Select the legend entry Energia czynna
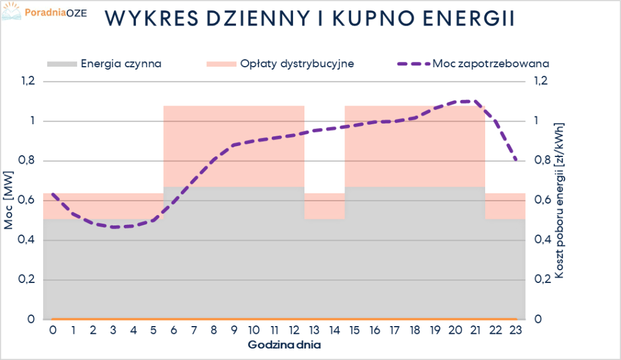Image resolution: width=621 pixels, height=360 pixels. coord(121,63)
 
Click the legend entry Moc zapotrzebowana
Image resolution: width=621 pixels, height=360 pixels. coord(491,63)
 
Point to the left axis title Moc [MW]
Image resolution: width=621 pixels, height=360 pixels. coord(9,206)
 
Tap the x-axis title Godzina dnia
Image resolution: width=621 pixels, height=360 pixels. coord(284,345)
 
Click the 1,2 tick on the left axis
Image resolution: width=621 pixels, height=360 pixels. coord(29,81)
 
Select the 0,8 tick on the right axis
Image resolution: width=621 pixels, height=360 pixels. coord(542,161)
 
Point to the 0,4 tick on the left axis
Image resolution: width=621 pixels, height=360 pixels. coord(29,240)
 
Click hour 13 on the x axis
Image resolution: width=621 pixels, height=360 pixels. coord(314,330)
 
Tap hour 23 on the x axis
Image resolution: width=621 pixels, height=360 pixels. coord(515,330)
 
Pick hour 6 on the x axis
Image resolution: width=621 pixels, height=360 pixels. coord(173,330)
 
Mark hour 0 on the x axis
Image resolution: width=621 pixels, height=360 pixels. coord(53,330)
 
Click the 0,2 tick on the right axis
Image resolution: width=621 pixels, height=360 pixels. coord(542,279)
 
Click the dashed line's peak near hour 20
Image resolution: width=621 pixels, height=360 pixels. coord(464,101)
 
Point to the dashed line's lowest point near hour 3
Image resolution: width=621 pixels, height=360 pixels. coord(113,227)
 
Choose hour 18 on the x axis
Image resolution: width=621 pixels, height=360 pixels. coord(415,330)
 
